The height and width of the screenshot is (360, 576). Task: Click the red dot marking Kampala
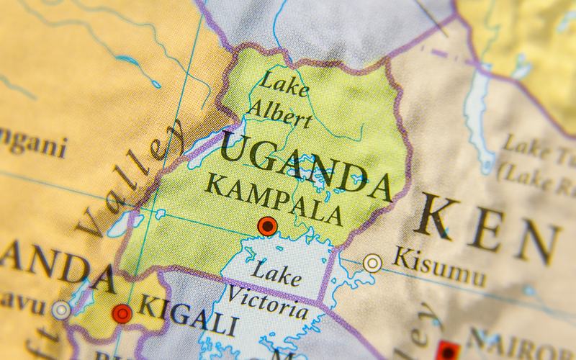click(x=268, y=227)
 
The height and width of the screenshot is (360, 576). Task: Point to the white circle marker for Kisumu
click(x=372, y=263)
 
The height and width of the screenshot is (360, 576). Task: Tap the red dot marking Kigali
click(x=122, y=313)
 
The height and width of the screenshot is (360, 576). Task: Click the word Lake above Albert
click(x=284, y=86)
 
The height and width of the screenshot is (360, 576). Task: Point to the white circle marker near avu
click(x=61, y=310)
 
